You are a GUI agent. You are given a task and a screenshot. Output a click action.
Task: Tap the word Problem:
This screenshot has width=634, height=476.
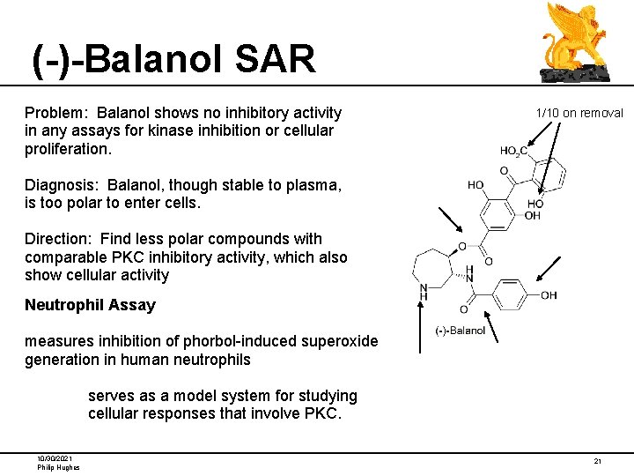[x=57, y=113]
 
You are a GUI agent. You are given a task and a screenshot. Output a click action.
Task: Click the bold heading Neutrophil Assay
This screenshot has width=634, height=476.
[x=90, y=306]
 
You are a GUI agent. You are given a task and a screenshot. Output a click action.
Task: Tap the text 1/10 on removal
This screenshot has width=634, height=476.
[x=579, y=113]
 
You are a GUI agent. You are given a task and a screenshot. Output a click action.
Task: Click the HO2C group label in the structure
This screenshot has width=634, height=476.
[x=513, y=152]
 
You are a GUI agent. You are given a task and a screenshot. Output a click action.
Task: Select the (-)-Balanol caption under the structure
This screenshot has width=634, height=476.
[x=461, y=331]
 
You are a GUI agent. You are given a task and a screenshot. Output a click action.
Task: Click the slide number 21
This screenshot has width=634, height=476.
[x=597, y=461]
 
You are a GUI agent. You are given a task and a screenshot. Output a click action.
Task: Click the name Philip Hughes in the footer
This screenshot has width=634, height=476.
[x=58, y=467]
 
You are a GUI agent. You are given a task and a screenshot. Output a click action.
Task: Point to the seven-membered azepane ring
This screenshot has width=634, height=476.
[x=433, y=265]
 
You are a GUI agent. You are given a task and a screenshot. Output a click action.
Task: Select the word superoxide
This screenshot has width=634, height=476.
[x=338, y=341]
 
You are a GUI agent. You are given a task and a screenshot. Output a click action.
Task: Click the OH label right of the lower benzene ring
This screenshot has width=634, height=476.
[x=549, y=295]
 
